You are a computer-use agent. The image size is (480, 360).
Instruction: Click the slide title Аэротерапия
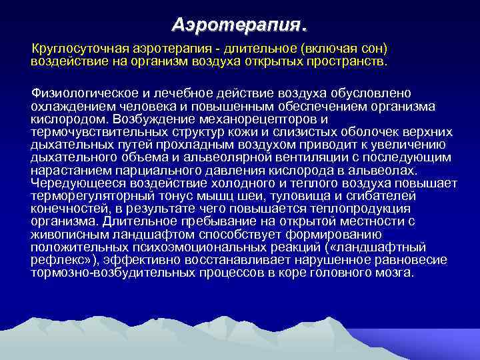coord(239,25)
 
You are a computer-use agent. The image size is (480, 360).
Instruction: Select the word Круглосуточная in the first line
coord(81,50)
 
